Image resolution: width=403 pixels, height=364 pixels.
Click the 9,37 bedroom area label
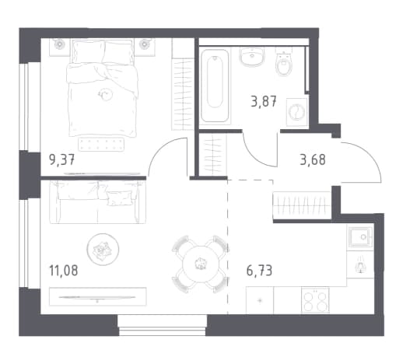(62, 159)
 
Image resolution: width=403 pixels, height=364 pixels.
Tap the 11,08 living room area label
(64, 270)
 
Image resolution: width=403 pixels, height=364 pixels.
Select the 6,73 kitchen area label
(259, 271)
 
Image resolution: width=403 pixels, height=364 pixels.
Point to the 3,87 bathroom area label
(264, 101)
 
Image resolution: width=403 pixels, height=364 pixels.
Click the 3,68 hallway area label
(313, 159)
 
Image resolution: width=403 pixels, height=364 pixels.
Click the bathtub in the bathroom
(215, 86)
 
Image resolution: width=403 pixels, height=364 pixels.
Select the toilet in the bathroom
(284, 61)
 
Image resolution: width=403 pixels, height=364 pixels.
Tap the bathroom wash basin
(252, 57)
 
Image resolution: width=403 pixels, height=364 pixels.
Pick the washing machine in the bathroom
(296, 112)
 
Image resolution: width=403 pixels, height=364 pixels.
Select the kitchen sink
(360, 237)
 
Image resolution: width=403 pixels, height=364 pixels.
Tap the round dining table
(200, 264)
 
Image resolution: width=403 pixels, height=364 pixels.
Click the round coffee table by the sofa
(103, 249)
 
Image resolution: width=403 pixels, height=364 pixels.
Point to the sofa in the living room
(97, 202)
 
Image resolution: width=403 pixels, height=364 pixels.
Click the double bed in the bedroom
(102, 88)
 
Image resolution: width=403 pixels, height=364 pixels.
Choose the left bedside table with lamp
(60, 47)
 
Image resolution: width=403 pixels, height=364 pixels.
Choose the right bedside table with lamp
(145, 47)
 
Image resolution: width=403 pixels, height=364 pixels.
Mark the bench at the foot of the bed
(101, 144)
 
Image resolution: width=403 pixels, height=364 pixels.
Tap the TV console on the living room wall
(97, 296)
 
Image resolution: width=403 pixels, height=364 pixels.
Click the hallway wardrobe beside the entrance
(302, 205)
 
